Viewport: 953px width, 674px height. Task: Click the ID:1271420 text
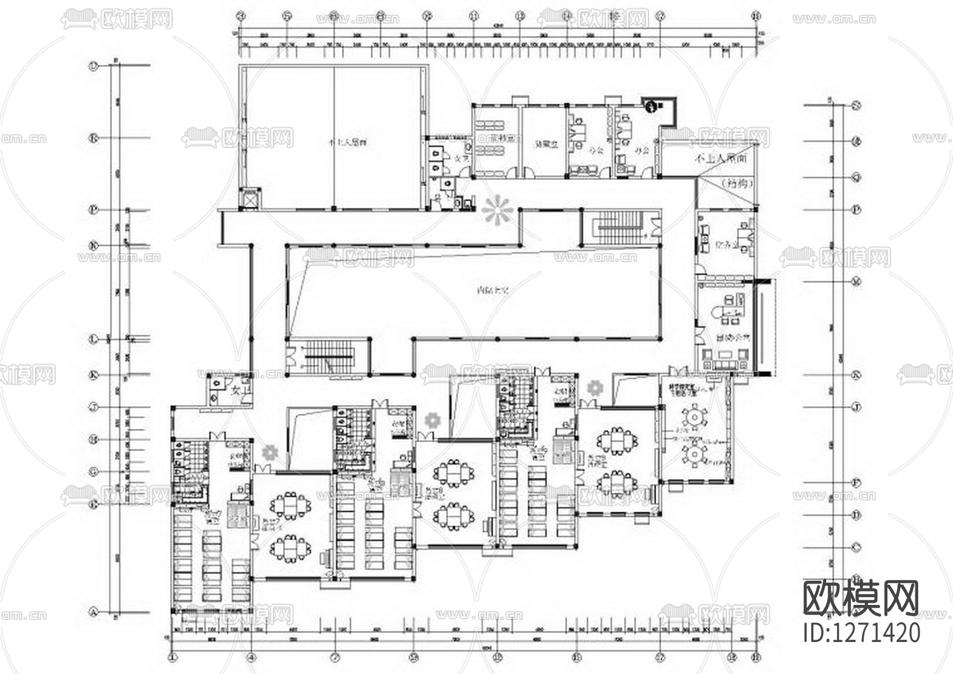pos(862,632)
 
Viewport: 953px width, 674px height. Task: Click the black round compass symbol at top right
pos(650,105)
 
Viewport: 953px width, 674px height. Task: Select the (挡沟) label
pos(730,183)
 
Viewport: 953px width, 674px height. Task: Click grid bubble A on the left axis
pos(94,611)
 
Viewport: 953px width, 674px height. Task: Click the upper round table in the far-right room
pos(695,417)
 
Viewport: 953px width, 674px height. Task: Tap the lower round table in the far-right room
pos(695,453)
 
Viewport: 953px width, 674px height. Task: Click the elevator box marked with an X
pos(249,199)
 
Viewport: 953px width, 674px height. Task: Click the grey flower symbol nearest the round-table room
pos(594,388)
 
